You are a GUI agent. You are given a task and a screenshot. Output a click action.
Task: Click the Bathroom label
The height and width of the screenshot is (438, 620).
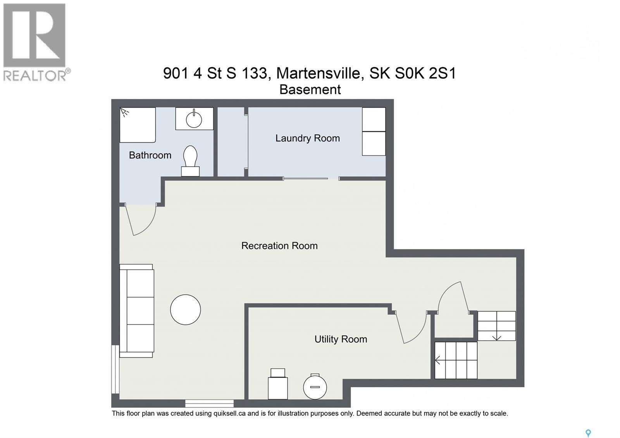pos(150,155)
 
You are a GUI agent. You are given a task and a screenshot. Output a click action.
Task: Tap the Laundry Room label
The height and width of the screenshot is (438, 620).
pos(307,138)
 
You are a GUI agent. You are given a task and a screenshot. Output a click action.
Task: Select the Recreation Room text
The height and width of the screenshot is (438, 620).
pos(279,246)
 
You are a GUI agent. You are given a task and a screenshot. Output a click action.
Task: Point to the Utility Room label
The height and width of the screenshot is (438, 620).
pos(341,339)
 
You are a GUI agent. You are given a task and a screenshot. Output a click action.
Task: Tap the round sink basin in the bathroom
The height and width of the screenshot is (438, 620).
pos(194,119)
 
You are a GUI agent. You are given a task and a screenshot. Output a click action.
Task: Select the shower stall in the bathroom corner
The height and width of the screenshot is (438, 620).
pos(137,125)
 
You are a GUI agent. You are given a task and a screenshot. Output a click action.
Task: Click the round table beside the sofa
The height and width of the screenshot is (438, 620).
pos(185,309)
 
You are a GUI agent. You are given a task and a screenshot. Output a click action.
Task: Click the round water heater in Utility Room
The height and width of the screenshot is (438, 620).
pos(315,387)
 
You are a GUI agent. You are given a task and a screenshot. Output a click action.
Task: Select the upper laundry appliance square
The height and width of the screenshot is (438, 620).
pos(374,119)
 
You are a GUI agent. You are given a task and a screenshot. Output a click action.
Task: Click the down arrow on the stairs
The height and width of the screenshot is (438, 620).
pos(496,337)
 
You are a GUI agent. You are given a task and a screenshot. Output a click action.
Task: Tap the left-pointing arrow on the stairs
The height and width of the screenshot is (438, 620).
pos(438,360)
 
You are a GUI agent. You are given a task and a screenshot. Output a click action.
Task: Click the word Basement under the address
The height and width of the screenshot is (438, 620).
pos(310,90)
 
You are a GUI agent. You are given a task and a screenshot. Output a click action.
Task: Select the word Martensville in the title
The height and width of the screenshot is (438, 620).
pos(320,73)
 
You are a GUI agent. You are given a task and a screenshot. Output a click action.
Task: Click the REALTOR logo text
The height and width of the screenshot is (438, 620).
pos(35,75)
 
